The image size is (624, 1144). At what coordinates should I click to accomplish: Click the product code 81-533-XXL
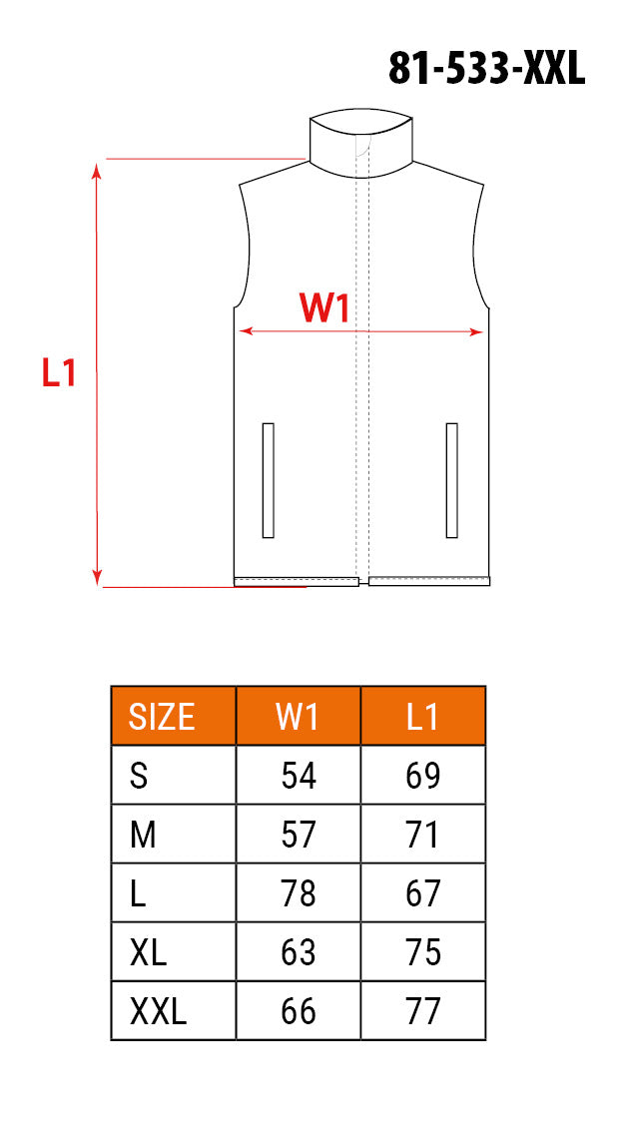486,69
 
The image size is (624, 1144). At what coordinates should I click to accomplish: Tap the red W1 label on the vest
324,308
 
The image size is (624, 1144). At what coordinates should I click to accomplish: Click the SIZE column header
162,717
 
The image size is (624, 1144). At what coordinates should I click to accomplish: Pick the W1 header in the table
299,717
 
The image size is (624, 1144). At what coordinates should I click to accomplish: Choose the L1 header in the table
423,717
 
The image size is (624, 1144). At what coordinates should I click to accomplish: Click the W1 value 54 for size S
299,776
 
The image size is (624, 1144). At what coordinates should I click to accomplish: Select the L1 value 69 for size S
423,776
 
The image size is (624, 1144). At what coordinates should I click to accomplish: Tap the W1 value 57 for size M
299,835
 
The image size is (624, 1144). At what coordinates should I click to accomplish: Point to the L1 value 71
423,835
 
